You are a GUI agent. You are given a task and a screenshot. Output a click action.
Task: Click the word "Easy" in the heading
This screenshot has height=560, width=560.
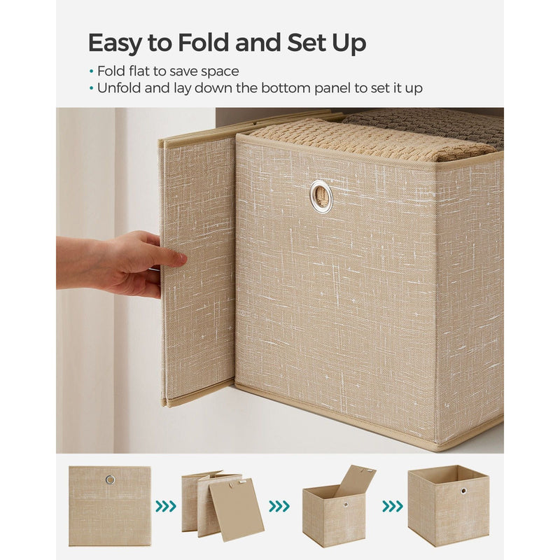click(114, 43)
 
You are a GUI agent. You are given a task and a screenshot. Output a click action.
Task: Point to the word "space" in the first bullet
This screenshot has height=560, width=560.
click(220, 72)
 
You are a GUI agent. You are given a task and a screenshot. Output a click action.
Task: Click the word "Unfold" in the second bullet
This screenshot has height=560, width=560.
click(120, 87)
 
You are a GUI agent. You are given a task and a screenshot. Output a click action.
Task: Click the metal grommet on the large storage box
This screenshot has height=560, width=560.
click(321, 195)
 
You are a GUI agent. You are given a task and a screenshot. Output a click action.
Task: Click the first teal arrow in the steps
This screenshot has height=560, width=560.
click(166, 506)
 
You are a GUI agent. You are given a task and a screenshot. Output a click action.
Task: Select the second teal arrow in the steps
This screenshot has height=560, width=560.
click(279, 506)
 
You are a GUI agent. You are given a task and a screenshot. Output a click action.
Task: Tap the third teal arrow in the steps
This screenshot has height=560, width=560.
click(393, 506)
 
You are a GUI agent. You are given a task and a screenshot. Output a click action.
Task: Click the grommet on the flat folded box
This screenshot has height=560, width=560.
click(110, 479)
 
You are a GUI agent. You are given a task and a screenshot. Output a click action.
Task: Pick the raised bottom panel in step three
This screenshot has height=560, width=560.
click(356, 481)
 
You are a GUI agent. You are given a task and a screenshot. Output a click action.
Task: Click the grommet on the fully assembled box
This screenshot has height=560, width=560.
click(463, 491)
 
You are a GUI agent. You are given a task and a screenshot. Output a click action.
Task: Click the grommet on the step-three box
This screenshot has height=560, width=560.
click(346, 505)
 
